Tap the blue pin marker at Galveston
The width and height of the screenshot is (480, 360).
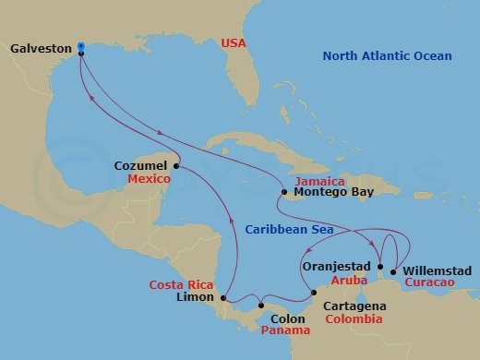81,46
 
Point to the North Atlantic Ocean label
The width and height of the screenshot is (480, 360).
389,57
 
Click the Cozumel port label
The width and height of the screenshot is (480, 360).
141,166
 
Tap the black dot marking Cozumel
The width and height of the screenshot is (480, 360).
176,166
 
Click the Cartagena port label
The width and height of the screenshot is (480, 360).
355,304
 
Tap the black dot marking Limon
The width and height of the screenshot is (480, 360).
224,297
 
